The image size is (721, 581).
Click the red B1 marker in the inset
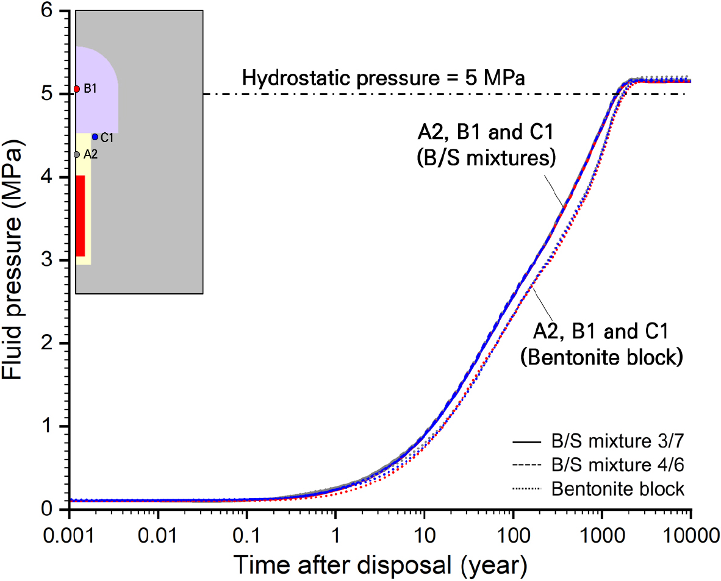point(77,89)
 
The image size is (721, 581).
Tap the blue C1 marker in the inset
point(95,137)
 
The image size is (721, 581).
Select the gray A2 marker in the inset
point(77,155)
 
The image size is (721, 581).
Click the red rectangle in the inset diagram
point(81,216)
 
